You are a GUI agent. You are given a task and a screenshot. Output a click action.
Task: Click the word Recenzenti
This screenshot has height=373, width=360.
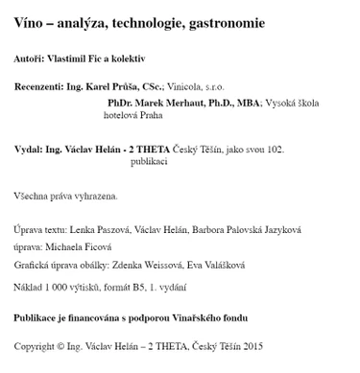pos(38,85)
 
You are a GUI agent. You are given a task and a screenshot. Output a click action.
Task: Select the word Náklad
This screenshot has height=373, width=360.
pos(28,286)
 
